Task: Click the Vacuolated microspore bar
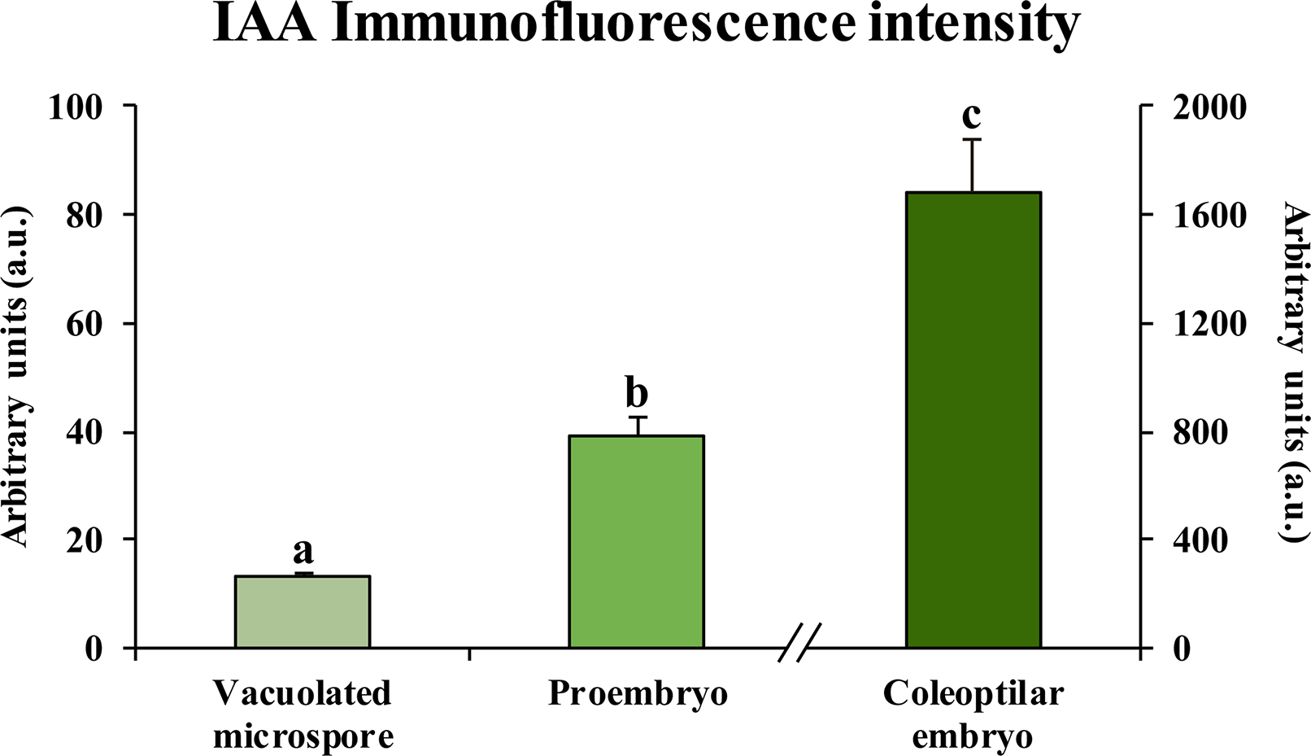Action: (x=303, y=612)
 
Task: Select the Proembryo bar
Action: (x=636, y=541)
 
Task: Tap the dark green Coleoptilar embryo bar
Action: (x=973, y=420)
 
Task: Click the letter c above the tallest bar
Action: (x=971, y=115)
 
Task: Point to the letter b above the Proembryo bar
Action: (x=637, y=394)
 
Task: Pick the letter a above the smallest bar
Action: (x=303, y=552)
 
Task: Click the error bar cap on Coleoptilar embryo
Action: (x=973, y=140)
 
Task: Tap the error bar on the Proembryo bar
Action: (x=638, y=426)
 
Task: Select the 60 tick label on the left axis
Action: (x=85, y=324)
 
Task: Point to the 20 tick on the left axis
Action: (x=85, y=540)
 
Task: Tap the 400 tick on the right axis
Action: (x=1199, y=540)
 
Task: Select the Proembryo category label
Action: (x=638, y=694)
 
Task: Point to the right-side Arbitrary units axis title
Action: (x=1294, y=372)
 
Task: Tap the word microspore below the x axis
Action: (x=303, y=736)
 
